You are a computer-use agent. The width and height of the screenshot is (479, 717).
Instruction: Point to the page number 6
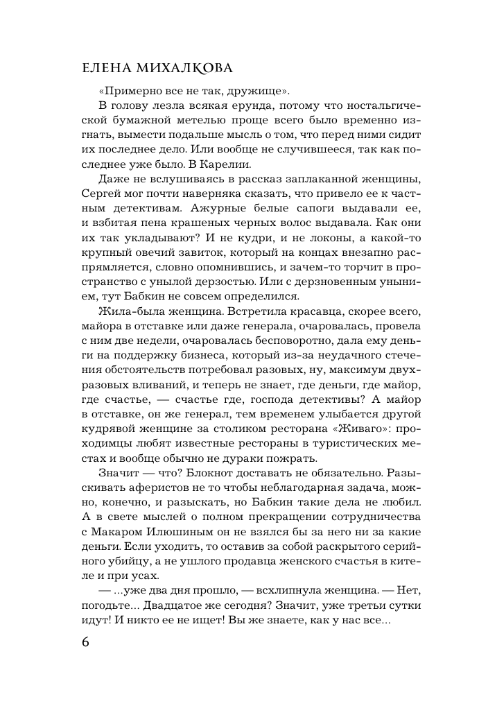click(x=85, y=641)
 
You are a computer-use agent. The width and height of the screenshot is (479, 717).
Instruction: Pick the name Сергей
click(x=98, y=195)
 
